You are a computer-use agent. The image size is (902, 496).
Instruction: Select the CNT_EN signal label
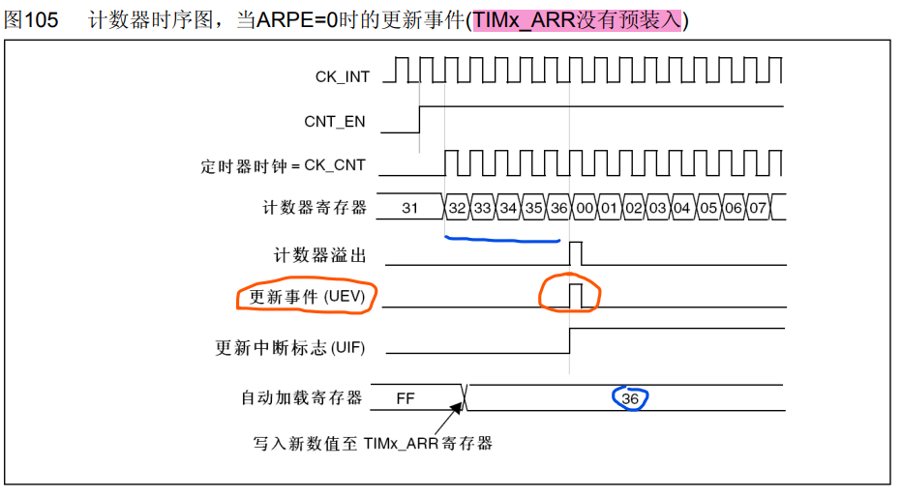(x=335, y=121)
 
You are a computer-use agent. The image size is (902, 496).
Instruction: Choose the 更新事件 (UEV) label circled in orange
(x=307, y=298)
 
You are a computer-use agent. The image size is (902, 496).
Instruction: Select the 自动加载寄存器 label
(x=301, y=397)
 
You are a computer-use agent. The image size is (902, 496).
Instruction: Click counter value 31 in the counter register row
(x=409, y=207)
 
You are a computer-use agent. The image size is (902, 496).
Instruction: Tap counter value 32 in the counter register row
(x=458, y=207)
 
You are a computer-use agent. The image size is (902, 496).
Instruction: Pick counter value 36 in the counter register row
(x=558, y=207)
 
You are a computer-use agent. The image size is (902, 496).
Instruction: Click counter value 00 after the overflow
(x=584, y=207)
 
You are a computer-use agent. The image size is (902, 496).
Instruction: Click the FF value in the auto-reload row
(x=406, y=397)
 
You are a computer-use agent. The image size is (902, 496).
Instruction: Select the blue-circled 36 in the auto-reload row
(x=631, y=397)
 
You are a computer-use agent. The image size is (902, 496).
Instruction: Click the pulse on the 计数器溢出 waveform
(x=576, y=253)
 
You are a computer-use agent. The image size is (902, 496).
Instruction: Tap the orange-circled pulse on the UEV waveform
(x=576, y=295)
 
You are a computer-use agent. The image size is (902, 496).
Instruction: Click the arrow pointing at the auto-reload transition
(x=447, y=419)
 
